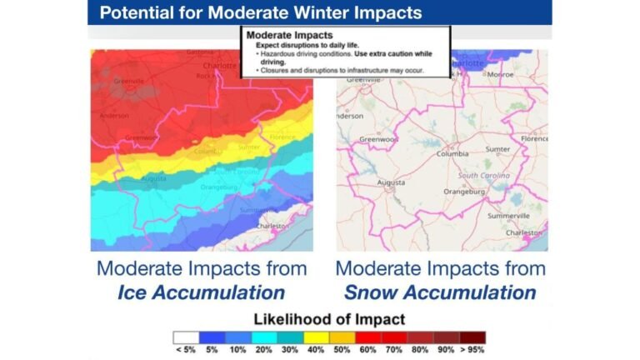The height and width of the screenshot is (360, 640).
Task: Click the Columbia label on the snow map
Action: (x=452, y=154)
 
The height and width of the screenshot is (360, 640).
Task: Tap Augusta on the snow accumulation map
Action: (x=391, y=182)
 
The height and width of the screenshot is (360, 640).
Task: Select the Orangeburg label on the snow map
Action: (x=464, y=192)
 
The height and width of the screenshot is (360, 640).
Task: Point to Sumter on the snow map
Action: (x=497, y=149)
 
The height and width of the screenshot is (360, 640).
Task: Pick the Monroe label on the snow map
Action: (x=499, y=73)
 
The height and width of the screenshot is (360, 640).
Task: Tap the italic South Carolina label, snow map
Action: (x=484, y=176)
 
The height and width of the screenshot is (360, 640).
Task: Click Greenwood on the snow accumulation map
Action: (x=376, y=139)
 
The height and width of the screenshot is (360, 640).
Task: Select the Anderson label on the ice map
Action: (x=113, y=116)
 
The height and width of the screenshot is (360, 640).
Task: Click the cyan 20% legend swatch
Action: (x=263, y=337)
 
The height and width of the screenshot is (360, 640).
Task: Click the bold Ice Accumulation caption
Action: (x=201, y=292)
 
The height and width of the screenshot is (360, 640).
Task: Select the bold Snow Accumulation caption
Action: (x=440, y=292)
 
